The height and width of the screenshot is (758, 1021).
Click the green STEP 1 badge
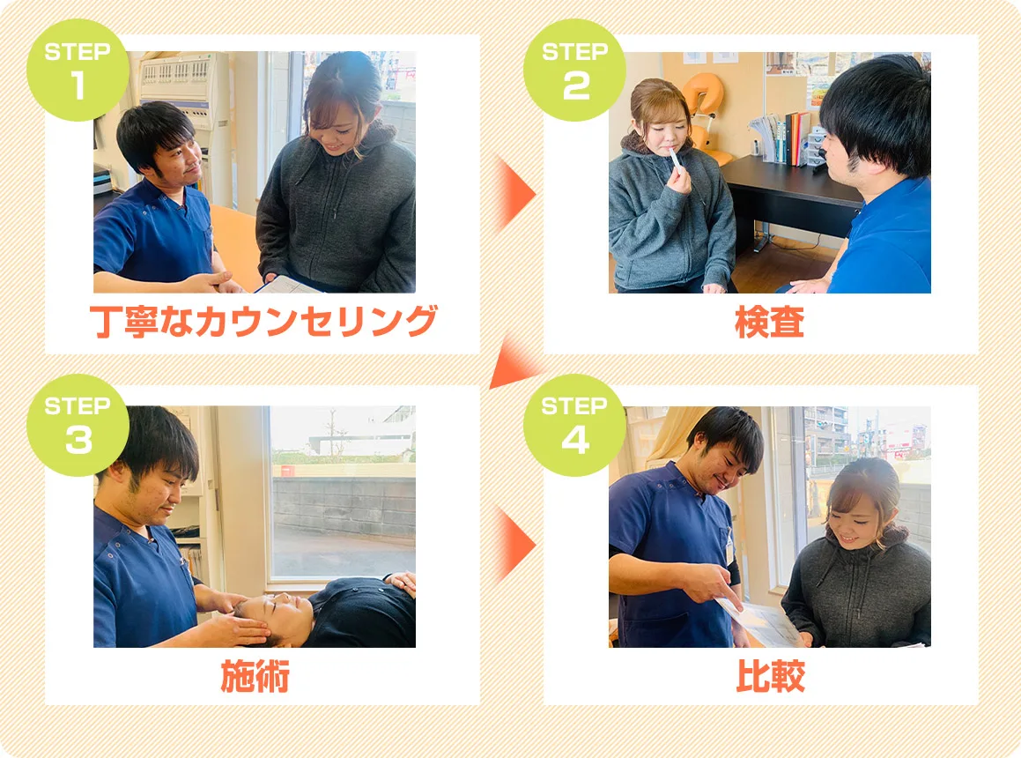click(78, 70)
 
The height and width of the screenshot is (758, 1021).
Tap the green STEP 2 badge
click(575, 70)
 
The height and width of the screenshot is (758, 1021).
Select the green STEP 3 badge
click(78, 425)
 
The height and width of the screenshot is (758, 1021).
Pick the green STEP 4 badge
click(575, 425)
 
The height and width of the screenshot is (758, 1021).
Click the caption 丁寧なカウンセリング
click(263, 322)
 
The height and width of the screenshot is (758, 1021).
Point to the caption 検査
click(770, 322)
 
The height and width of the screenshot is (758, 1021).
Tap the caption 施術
click(255, 676)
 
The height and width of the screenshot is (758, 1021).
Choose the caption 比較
click(770, 676)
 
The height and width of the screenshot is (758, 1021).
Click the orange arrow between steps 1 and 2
click(515, 194)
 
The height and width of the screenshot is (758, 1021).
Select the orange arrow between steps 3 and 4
click(515, 544)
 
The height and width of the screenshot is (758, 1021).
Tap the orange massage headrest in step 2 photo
click(702, 111)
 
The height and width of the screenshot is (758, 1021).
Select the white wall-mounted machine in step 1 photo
click(186, 92)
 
